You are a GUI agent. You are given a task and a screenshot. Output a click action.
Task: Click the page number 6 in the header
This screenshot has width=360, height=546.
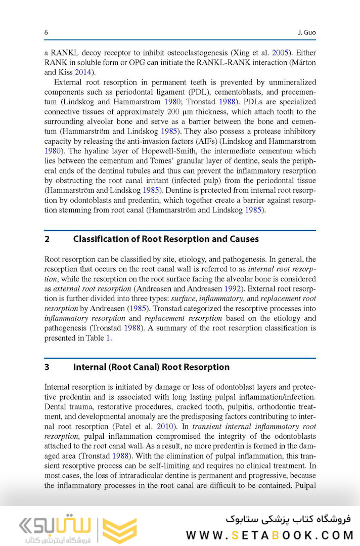point(46,33)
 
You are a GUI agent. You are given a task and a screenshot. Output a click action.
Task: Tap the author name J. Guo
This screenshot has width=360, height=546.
point(306,33)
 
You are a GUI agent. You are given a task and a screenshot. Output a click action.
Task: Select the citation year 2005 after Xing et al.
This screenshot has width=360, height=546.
point(281,52)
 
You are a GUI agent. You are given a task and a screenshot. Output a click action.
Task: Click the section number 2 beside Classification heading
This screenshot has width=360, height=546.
point(47,239)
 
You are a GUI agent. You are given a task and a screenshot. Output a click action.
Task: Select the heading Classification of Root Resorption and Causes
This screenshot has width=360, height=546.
point(166,239)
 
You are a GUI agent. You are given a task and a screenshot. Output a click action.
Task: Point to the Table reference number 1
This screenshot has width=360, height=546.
point(107,339)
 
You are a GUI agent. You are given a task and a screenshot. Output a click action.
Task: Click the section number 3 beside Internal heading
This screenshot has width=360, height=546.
point(47,367)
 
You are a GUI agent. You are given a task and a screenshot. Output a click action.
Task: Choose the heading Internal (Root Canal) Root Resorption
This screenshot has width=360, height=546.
point(151,367)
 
